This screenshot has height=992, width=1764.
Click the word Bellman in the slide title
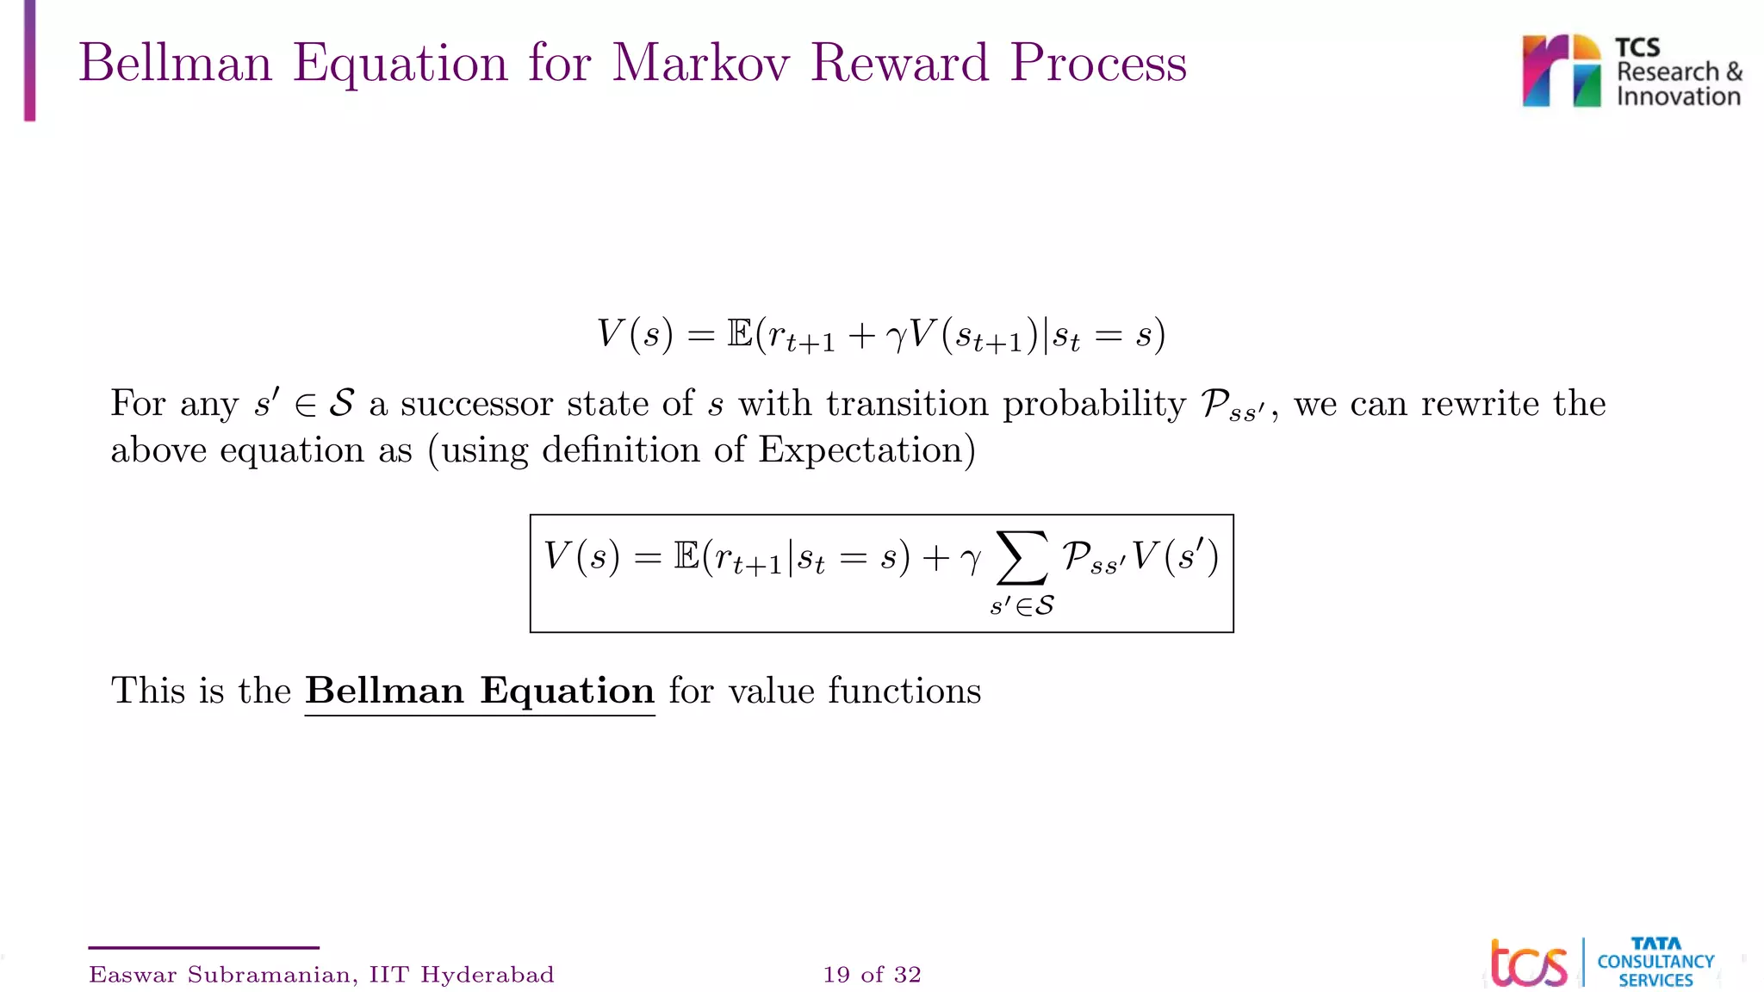175,63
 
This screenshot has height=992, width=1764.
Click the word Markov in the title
700,63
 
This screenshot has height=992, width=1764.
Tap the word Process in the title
1098,65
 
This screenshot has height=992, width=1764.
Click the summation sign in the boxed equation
1022,557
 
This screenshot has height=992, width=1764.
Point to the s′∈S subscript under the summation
1022,606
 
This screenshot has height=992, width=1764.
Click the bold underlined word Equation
567,691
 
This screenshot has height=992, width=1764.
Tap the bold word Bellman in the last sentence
384,691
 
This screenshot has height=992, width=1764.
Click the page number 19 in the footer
836,975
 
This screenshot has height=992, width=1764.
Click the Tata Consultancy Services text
1655,963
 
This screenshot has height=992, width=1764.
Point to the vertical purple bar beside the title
30,60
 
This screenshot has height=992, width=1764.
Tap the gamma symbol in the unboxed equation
896,335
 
